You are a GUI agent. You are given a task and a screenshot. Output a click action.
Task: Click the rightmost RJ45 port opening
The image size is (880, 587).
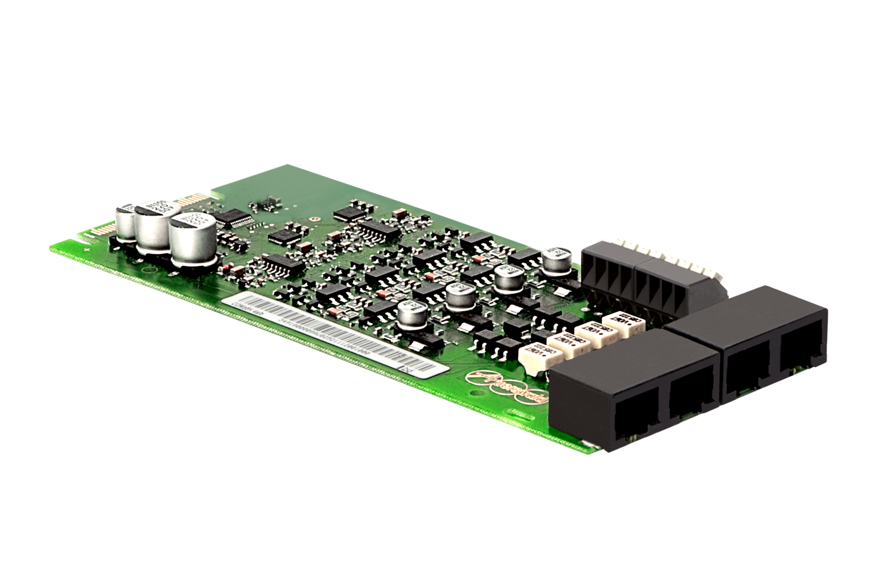pos(801,357)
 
